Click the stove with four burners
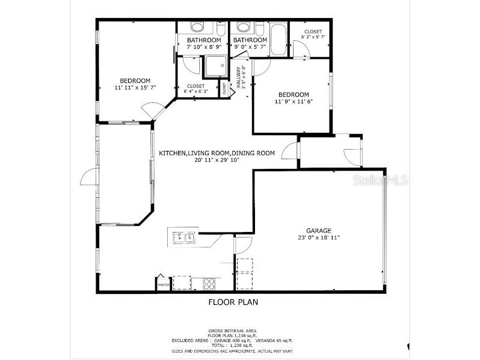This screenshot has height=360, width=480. tap(209, 282)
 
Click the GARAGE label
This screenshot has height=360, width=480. tap(318, 230)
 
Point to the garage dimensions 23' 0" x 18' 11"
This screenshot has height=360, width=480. tap(318, 237)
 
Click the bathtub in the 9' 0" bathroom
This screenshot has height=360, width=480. tap(278, 38)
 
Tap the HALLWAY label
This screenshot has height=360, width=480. tap(239, 77)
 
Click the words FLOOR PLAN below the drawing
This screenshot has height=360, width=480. tap(233, 302)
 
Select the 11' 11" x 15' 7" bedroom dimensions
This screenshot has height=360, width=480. tap(135, 88)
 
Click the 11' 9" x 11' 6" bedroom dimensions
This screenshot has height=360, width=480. tap(293, 102)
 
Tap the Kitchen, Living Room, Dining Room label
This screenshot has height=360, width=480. tap(217, 153)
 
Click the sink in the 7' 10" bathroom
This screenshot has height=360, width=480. tap(197, 26)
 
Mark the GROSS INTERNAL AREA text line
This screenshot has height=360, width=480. tap(233, 331)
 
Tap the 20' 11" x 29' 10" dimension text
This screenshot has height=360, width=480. tap(217, 160)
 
